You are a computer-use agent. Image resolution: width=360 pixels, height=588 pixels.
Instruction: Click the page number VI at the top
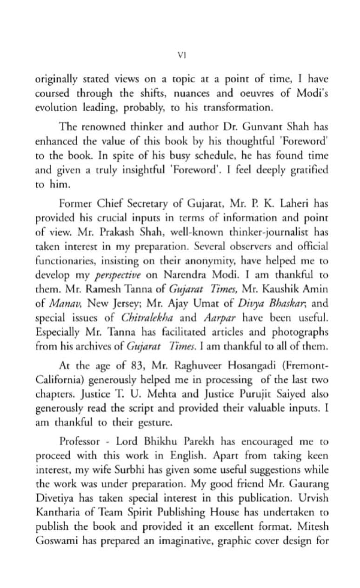coord(182,55)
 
